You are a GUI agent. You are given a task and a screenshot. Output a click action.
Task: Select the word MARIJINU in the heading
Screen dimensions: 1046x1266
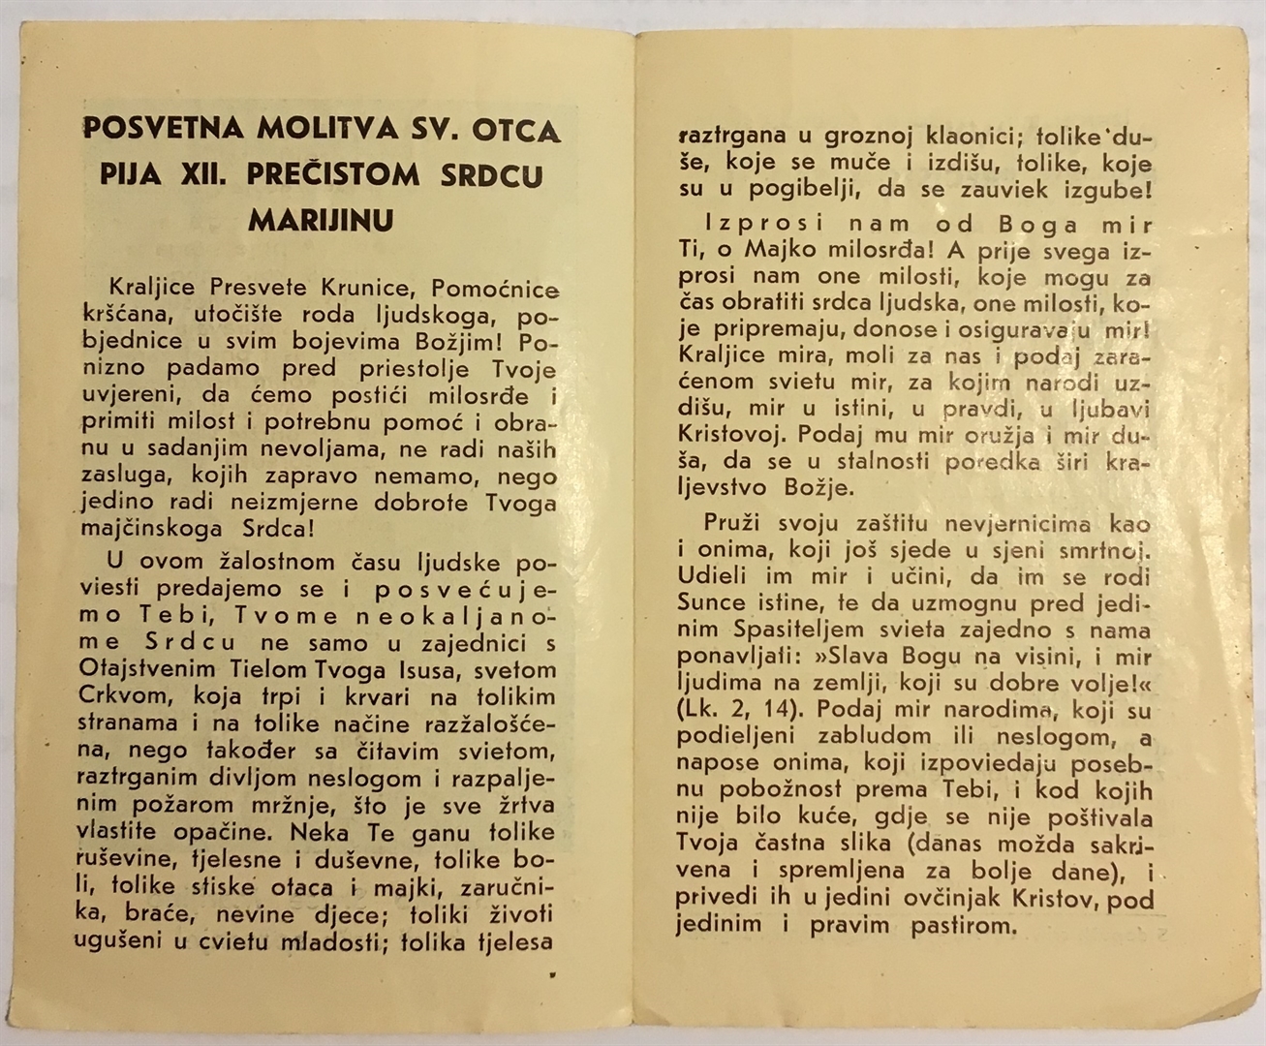coord(321,221)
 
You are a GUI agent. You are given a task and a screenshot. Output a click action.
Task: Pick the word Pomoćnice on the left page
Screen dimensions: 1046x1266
coord(494,289)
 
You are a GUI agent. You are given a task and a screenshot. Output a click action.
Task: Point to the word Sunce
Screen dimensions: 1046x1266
coord(711,603)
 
